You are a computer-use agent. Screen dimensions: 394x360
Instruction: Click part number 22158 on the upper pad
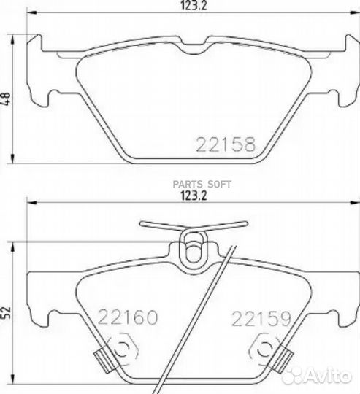[226, 144]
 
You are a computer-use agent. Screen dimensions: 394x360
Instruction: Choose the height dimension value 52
[7, 312]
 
